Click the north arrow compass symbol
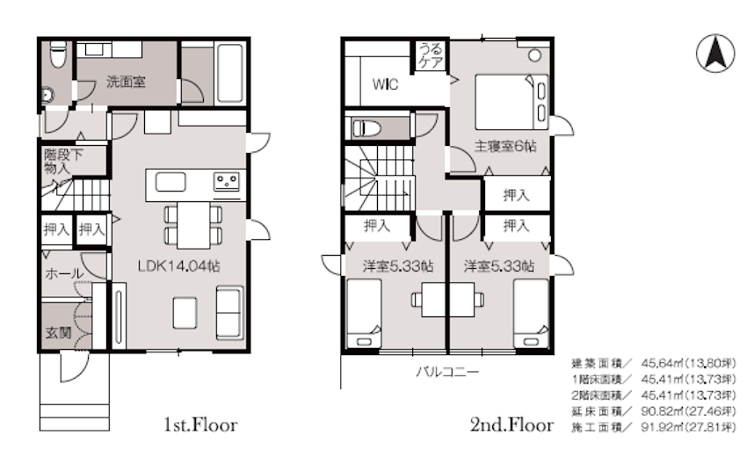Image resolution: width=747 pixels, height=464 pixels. (x=715, y=54)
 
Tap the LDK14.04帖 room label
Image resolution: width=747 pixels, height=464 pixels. (x=178, y=265)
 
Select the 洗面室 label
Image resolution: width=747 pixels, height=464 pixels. (x=126, y=82)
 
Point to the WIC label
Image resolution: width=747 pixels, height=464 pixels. (x=385, y=84)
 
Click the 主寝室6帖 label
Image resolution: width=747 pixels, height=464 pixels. (x=505, y=146)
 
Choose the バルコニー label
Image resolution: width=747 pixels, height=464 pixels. (x=447, y=372)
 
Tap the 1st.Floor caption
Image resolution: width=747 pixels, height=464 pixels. (x=200, y=424)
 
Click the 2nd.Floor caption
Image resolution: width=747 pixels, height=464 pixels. (x=511, y=424)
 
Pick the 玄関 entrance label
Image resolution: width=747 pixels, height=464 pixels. (x=58, y=332)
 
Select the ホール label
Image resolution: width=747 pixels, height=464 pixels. (x=64, y=273)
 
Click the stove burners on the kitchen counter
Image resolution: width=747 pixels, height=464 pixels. (x=227, y=182)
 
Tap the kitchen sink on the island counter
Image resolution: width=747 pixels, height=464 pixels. (x=170, y=182)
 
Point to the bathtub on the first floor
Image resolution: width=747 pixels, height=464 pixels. (x=230, y=73)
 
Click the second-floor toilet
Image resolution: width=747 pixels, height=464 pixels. (x=366, y=128)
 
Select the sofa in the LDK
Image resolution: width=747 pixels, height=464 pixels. (x=230, y=312)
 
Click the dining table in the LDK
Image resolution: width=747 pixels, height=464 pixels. (x=193, y=225)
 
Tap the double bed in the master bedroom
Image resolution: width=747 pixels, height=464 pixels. (x=511, y=101)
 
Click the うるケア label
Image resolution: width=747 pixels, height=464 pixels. (x=431, y=55)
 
